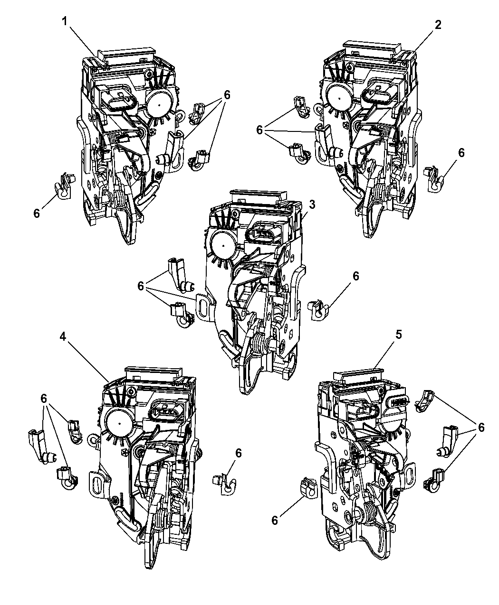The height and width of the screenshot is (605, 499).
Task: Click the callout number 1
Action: [65, 21]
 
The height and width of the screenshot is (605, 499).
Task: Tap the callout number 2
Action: [438, 25]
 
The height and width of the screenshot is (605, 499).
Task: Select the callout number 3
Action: [312, 205]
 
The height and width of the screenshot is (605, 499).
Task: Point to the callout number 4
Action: [63, 336]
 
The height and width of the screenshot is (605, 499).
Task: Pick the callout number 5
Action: [399, 335]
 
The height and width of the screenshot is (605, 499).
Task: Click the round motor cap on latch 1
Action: [159, 104]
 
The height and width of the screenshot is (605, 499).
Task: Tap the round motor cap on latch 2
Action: [339, 98]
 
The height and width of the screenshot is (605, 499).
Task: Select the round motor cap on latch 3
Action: [223, 246]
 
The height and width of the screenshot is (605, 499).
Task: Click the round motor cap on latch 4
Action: [119, 423]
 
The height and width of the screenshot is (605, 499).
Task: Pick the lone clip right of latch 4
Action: [225, 484]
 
